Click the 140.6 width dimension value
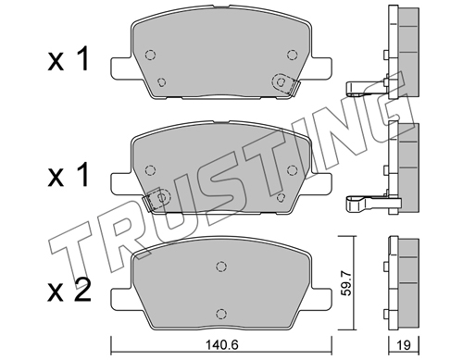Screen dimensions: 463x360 click(x=221, y=344)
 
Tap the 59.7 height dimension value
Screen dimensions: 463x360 click(x=347, y=282)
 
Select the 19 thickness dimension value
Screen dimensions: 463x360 click(x=404, y=345)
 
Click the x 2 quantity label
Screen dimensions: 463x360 click(x=69, y=290)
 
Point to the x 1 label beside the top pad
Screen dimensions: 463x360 click(x=69, y=58)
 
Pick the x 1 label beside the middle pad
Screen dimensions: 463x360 click(x=69, y=175)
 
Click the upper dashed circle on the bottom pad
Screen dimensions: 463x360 click(x=220, y=266)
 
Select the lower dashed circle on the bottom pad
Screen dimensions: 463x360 click(x=220, y=313)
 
